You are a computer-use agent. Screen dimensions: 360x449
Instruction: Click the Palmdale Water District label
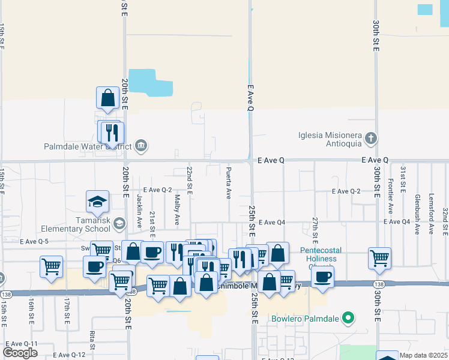[x=88, y=146]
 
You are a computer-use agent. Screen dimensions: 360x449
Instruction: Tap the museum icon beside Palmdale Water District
[x=142, y=145]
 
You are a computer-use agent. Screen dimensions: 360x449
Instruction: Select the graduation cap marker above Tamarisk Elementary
[x=97, y=202]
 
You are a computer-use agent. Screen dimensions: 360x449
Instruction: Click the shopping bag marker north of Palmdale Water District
[x=108, y=98]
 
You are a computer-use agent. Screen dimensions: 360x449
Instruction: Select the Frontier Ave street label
[x=391, y=197]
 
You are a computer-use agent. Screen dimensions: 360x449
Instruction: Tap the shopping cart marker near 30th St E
[x=379, y=259]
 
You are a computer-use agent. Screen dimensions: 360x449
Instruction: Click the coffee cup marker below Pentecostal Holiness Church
[x=322, y=277]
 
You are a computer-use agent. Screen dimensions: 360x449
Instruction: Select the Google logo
[x=20, y=352]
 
